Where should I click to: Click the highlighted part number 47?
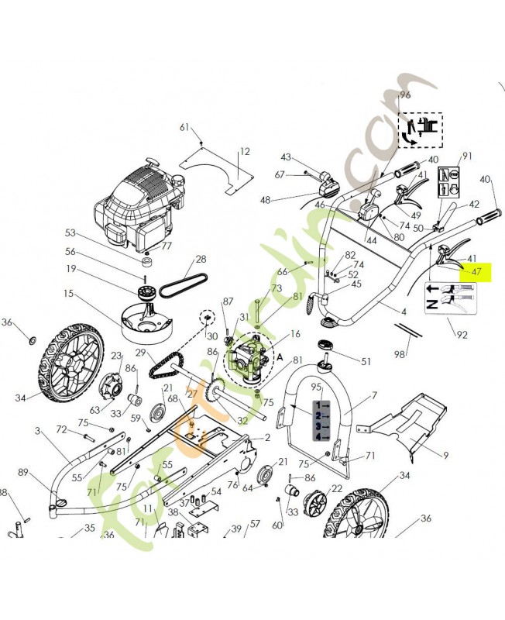[476, 272]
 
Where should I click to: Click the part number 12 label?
[245, 152]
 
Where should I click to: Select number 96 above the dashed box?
[404, 95]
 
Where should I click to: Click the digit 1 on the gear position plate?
[317, 405]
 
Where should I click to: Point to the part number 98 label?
[400, 354]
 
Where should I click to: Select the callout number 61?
[184, 127]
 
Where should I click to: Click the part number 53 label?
[70, 232]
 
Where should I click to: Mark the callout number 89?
[23, 472]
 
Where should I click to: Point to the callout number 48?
[266, 200]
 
